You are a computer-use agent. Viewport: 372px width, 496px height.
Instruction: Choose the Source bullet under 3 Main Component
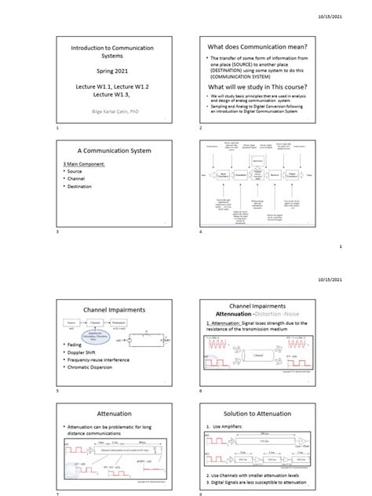coord(75,170)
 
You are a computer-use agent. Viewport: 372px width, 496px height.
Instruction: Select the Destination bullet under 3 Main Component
coord(81,187)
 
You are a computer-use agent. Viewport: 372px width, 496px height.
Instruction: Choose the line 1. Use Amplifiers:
coord(227,428)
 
